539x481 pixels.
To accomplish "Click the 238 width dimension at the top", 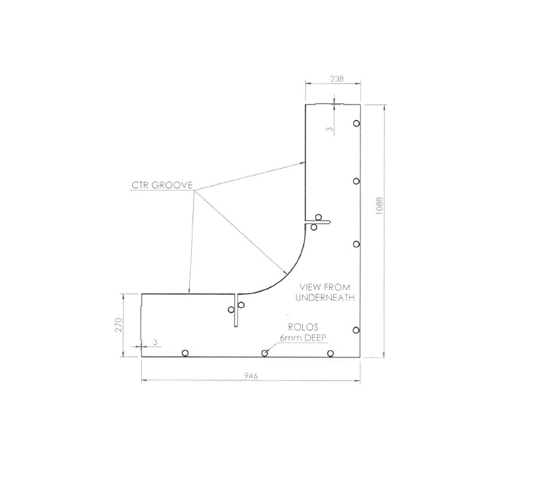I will pyautogui.click(x=336, y=79).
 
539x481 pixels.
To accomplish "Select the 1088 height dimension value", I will pyautogui.click(x=379, y=210).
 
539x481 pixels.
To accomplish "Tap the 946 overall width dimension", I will pyautogui.click(x=251, y=376).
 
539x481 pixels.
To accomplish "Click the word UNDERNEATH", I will pyautogui.click(x=325, y=298).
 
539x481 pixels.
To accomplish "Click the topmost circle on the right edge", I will pyautogui.click(x=356, y=123).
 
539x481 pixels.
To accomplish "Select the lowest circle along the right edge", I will pyautogui.click(x=356, y=330).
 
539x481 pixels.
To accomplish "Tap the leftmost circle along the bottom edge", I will pyautogui.click(x=185, y=353).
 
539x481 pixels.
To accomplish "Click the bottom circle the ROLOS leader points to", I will pyautogui.click(x=264, y=353).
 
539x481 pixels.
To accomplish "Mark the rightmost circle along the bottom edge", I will pyautogui.click(x=330, y=353).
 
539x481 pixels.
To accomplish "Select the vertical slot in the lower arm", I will pyautogui.click(x=237, y=310).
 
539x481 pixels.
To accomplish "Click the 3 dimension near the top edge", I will pyautogui.click(x=330, y=129).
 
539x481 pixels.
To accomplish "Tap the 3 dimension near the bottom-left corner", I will pyautogui.click(x=155, y=342).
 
